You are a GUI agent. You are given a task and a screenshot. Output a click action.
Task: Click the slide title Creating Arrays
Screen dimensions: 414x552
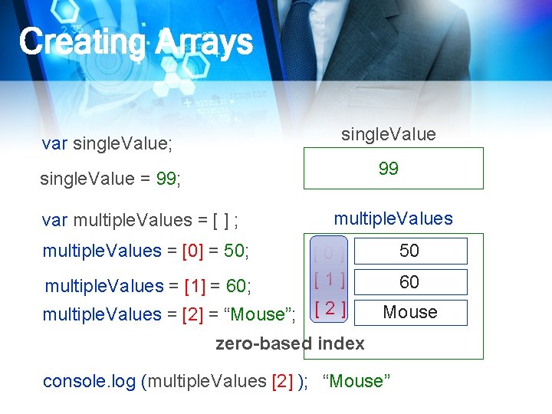click(136, 42)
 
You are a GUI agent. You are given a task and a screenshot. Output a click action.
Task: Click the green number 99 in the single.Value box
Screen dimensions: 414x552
click(389, 169)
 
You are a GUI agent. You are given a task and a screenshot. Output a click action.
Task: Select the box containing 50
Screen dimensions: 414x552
click(409, 251)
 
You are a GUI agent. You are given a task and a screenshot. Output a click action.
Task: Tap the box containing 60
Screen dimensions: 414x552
click(409, 282)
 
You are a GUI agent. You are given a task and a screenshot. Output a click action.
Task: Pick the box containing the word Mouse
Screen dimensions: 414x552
click(409, 312)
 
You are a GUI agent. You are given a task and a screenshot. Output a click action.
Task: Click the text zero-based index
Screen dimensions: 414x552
click(290, 343)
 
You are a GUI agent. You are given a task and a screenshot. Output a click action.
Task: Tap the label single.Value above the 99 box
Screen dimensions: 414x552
click(388, 134)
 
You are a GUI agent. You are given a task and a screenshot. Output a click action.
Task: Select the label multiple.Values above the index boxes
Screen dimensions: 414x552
click(393, 219)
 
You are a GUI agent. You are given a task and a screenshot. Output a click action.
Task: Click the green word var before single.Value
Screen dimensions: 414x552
click(54, 143)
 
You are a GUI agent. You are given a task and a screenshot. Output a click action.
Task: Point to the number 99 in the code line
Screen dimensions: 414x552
click(166, 179)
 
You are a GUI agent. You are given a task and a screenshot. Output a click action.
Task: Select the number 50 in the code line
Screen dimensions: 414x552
click(235, 251)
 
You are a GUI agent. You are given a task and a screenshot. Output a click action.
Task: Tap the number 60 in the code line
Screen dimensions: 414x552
click(235, 287)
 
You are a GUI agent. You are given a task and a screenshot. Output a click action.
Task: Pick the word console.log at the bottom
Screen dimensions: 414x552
click(90, 381)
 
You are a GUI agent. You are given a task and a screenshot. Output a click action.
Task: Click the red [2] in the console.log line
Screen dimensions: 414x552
click(281, 381)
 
